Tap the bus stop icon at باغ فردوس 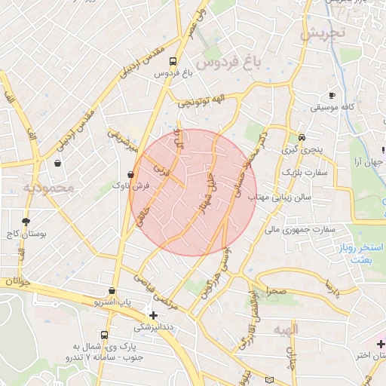[174, 61]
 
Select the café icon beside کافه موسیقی [331, 95]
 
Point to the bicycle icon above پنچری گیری [302, 137]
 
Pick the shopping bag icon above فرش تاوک [132, 173]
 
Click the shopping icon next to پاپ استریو [112, 290]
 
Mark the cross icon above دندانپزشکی [154, 315]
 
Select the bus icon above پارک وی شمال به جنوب [104, 335]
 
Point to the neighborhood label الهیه [287, 329]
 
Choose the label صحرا [275, 291]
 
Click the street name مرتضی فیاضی [154, 289]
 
